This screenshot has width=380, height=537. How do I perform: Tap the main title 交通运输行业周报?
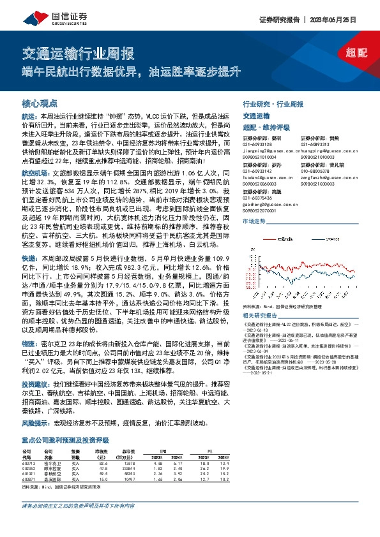78,53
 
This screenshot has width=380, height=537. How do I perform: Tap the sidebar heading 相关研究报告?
262,314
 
